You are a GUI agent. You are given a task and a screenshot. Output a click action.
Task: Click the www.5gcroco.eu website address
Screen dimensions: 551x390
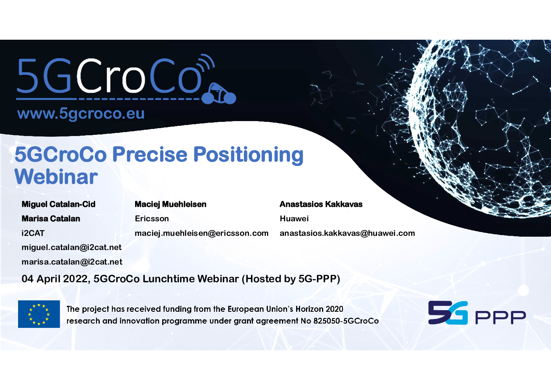pyautogui.click(x=81, y=114)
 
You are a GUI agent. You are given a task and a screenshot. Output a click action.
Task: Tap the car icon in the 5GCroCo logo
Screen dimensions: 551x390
pyautogui.click(x=219, y=94)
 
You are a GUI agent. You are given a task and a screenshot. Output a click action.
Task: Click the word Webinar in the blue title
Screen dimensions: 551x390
pyautogui.click(x=56, y=177)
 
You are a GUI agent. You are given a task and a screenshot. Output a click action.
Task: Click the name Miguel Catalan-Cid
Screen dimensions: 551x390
pyautogui.click(x=58, y=204)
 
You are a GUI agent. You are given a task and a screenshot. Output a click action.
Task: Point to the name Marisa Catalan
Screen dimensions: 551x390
pyautogui.click(x=51, y=218)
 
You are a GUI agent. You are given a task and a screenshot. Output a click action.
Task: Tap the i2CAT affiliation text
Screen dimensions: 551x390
pyautogui.click(x=33, y=233)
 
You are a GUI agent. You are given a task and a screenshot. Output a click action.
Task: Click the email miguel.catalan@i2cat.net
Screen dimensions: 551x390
pyautogui.click(x=71, y=247)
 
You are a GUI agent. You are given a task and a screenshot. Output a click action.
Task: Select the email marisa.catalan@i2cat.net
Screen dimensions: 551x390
pyautogui.click(x=72, y=262)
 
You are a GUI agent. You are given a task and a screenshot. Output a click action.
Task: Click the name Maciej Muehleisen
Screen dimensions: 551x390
pyautogui.click(x=170, y=204)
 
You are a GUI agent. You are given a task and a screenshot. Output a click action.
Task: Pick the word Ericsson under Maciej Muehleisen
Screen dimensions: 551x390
pyautogui.click(x=152, y=218)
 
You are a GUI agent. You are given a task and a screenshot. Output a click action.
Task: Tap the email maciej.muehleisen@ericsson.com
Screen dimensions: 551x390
pyautogui.click(x=201, y=233)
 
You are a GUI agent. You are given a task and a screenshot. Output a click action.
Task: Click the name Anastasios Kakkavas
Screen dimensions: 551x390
pyautogui.click(x=321, y=204)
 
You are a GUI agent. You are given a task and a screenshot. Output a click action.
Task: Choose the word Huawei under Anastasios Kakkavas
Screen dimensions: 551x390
pyautogui.click(x=294, y=218)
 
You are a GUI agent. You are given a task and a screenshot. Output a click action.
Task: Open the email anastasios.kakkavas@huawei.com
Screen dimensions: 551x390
pyautogui.click(x=347, y=233)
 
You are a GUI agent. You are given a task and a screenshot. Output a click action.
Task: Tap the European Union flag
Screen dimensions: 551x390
pyautogui.click(x=39, y=314)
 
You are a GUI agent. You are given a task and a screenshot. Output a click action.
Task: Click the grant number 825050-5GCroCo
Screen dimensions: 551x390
pyautogui.click(x=346, y=321)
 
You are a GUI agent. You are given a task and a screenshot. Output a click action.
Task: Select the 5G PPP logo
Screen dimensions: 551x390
pyautogui.click(x=477, y=313)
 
